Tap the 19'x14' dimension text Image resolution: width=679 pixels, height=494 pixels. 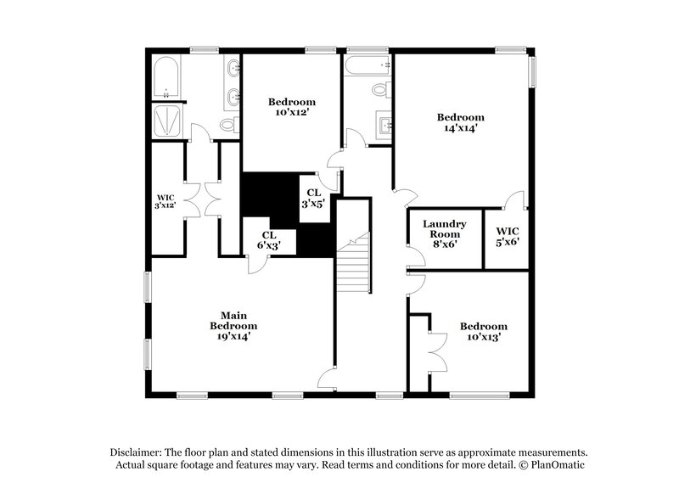point(233,336)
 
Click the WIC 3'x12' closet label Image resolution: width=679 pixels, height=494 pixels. point(166,202)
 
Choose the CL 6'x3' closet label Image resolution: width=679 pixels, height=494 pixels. point(268,240)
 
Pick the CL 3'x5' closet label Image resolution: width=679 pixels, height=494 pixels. point(313,198)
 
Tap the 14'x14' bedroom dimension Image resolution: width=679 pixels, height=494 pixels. point(460,129)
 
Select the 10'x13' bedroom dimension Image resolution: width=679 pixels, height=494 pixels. point(483,337)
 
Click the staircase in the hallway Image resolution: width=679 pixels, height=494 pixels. point(353,263)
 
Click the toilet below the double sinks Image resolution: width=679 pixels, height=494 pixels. point(227,126)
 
